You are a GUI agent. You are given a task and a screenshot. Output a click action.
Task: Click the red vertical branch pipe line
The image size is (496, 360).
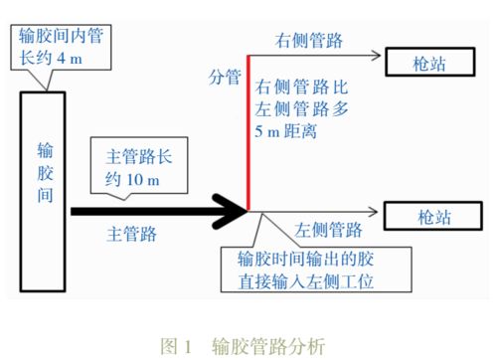point(248,139)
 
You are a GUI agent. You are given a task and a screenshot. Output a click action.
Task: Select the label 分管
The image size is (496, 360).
point(224,75)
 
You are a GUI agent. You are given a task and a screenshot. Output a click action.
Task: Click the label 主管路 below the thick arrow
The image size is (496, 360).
point(134,235)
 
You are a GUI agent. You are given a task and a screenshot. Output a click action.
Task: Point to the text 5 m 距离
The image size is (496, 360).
point(292,128)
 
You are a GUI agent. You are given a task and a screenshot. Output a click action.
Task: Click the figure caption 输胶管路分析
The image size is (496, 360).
point(267,345)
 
